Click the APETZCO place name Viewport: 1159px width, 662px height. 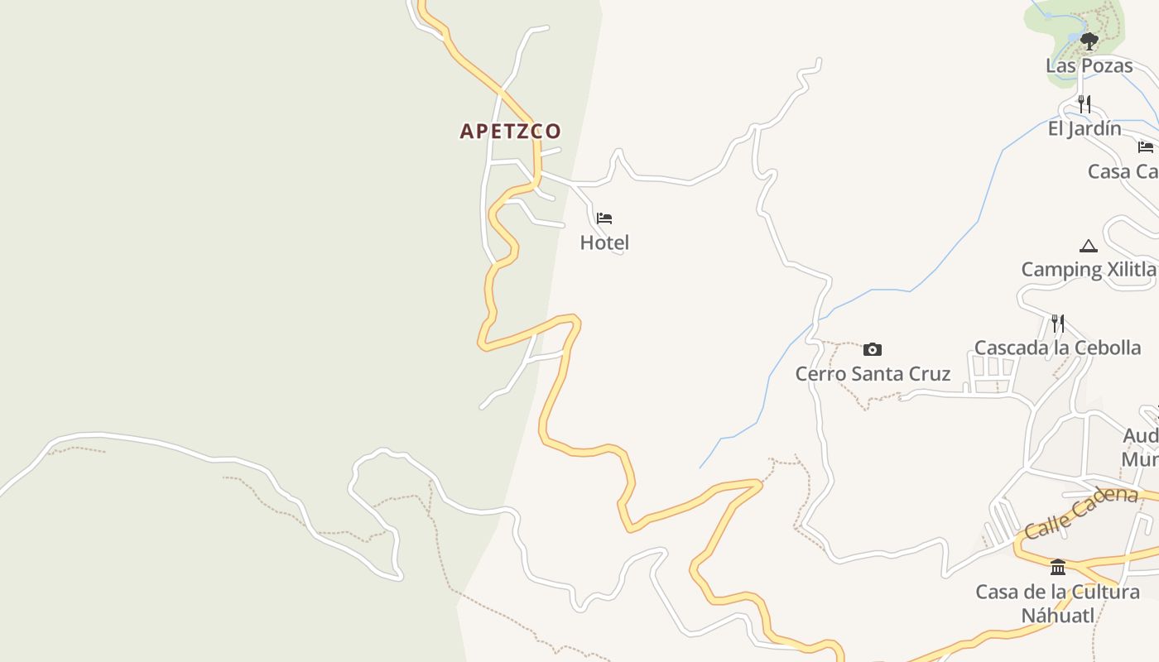pyautogui.click(x=510, y=131)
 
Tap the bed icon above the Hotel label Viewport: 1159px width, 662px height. pyautogui.click(x=604, y=218)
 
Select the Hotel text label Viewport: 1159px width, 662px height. pyautogui.click(x=604, y=242)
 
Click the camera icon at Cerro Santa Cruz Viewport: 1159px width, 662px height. pyautogui.click(x=873, y=349)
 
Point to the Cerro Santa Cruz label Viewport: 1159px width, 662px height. pyautogui.click(x=873, y=374)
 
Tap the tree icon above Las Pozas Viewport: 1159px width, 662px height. pyautogui.click(x=1089, y=41)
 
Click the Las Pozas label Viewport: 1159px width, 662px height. pyautogui.click(x=1089, y=65)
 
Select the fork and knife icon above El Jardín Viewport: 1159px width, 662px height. pyautogui.click(x=1084, y=103)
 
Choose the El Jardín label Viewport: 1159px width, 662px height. pyautogui.click(x=1084, y=128)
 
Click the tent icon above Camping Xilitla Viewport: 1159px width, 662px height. pyautogui.click(x=1088, y=246)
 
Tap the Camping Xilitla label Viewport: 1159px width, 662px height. pyautogui.click(x=1088, y=269)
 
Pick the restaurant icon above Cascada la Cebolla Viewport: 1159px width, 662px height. pyautogui.click(x=1058, y=323)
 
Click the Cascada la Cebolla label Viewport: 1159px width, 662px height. pyautogui.click(x=1057, y=348)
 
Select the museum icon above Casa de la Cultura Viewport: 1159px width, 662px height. pyautogui.click(x=1058, y=567)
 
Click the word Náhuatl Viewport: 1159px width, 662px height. pyautogui.click(x=1057, y=616)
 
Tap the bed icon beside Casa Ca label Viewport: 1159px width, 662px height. pyautogui.click(x=1146, y=147)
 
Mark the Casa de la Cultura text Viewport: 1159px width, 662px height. pyautogui.click(x=1057, y=592)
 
